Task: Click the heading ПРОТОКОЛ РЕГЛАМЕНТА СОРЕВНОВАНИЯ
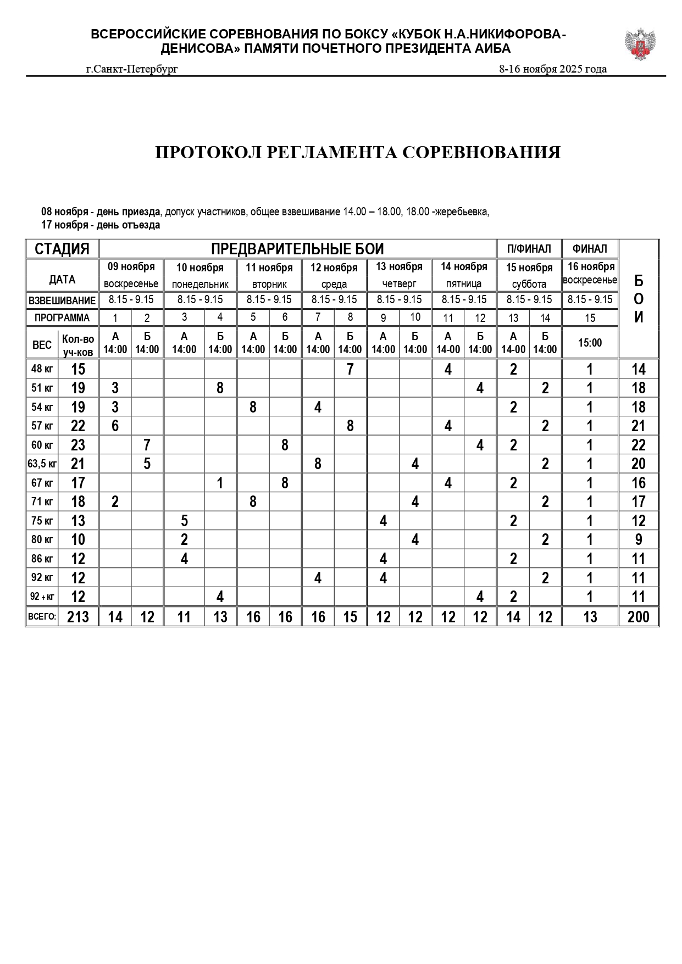[358, 152]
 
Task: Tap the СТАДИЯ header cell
[62, 249]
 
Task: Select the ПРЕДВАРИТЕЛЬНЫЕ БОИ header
[297, 249]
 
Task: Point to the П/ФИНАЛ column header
[529, 249]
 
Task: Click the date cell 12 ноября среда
[334, 275]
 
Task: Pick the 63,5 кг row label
[42, 464]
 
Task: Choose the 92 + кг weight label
[42, 597]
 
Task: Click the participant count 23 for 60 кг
[78, 445]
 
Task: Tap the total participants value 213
[78, 617]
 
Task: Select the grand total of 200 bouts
[638, 617]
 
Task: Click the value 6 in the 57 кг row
[115, 426]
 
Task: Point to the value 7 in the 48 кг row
[350, 369]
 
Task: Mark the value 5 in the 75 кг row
[184, 521]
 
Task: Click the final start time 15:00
[590, 343]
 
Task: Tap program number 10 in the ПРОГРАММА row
[415, 317]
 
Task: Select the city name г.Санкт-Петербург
[132, 69]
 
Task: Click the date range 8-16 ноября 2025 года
[552, 69]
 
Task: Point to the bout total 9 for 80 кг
[638, 540]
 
